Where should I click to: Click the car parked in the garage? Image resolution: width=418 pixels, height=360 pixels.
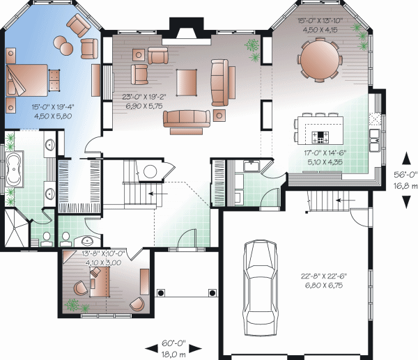tap(261, 288)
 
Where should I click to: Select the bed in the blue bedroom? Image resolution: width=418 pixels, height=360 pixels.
tap(26, 80)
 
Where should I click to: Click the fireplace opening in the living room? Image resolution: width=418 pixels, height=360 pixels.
tap(186, 33)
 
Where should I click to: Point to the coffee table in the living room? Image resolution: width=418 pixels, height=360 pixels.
tap(186, 82)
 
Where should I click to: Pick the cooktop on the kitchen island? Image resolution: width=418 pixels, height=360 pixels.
tap(320, 137)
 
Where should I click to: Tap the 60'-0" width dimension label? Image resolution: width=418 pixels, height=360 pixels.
tap(173, 343)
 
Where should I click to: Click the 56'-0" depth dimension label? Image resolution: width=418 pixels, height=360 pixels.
tap(405, 175)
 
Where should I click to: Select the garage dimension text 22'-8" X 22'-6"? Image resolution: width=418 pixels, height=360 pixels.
tap(324, 276)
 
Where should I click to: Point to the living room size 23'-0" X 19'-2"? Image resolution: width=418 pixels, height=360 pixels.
tap(144, 97)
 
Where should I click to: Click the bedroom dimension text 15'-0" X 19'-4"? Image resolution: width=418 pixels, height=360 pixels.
tap(53, 107)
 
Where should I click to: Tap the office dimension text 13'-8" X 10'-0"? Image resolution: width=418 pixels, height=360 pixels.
tap(103, 253)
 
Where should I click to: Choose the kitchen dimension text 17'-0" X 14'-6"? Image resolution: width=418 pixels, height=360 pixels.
tap(325, 153)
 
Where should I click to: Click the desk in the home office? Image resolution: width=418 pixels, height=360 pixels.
tap(100, 282)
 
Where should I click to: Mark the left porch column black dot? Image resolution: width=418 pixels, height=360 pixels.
tap(161, 293)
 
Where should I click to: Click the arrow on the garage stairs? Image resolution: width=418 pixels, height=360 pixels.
tap(346, 200)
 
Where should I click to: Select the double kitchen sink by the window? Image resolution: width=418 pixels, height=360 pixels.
tap(374, 140)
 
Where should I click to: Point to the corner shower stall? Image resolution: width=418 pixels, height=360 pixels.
tap(16, 228)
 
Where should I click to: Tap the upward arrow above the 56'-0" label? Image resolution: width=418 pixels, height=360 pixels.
tap(406, 158)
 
